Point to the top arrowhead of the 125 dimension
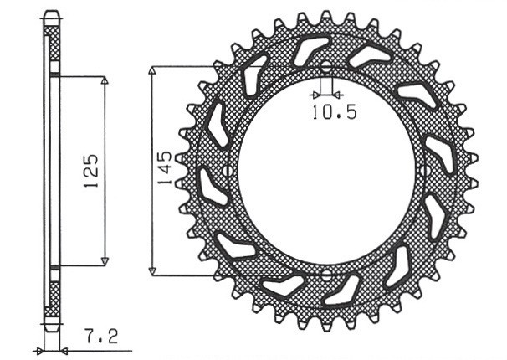click(x=105, y=82)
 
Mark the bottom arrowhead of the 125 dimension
click(x=105, y=260)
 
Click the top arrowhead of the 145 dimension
click(x=151, y=72)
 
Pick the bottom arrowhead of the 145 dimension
click(x=151, y=270)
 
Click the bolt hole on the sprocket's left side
click(x=228, y=171)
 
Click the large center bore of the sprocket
click(x=326, y=171)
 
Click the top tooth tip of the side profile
click(x=52, y=14)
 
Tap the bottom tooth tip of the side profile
click(x=52, y=327)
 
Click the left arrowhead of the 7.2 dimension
click(x=38, y=349)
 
